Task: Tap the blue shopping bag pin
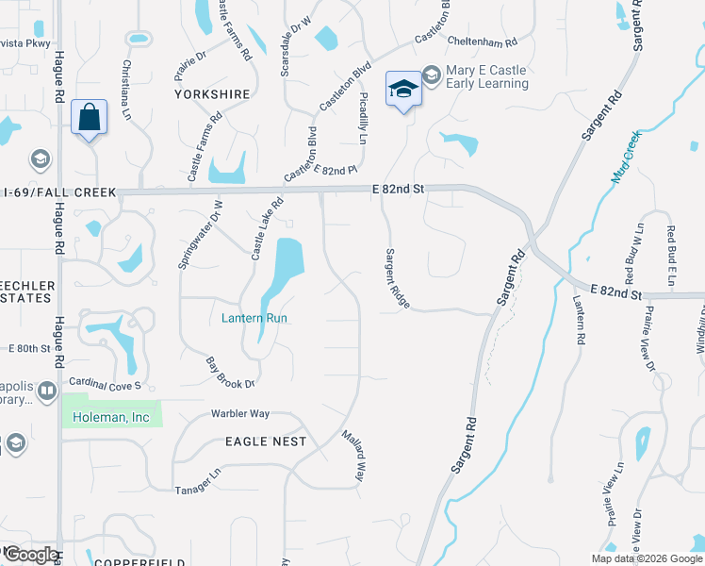[x=89, y=119]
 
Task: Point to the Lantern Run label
[x=254, y=318]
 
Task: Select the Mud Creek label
[x=625, y=157]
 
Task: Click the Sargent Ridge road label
[x=397, y=278]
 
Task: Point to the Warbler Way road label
[x=240, y=413]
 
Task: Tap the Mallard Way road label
[x=352, y=457]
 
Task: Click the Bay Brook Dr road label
[x=231, y=373]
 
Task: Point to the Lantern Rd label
[x=578, y=321]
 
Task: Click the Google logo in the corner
[x=31, y=554]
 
